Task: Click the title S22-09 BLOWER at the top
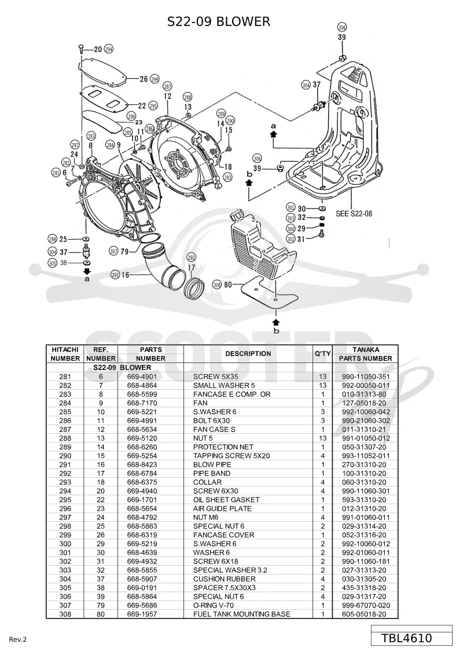click(x=219, y=21)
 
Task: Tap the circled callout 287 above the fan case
click(x=167, y=86)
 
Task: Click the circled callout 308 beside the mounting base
click(x=216, y=285)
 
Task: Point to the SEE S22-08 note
click(x=354, y=214)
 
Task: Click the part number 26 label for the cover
click(x=144, y=79)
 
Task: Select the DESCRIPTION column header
click(x=248, y=353)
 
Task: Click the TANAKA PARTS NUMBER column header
click(x=365, y=354)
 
